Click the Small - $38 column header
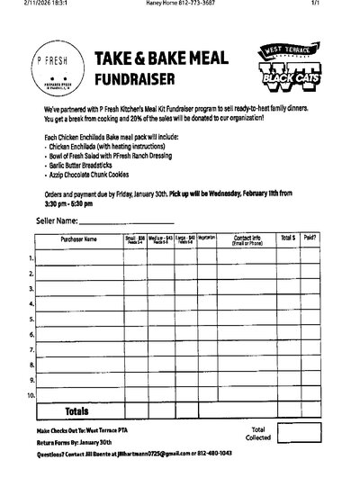[x=134, y=239]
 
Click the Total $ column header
[x=287, y=238]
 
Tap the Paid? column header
[x=310, y=238]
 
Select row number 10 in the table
[x=31, y=394]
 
